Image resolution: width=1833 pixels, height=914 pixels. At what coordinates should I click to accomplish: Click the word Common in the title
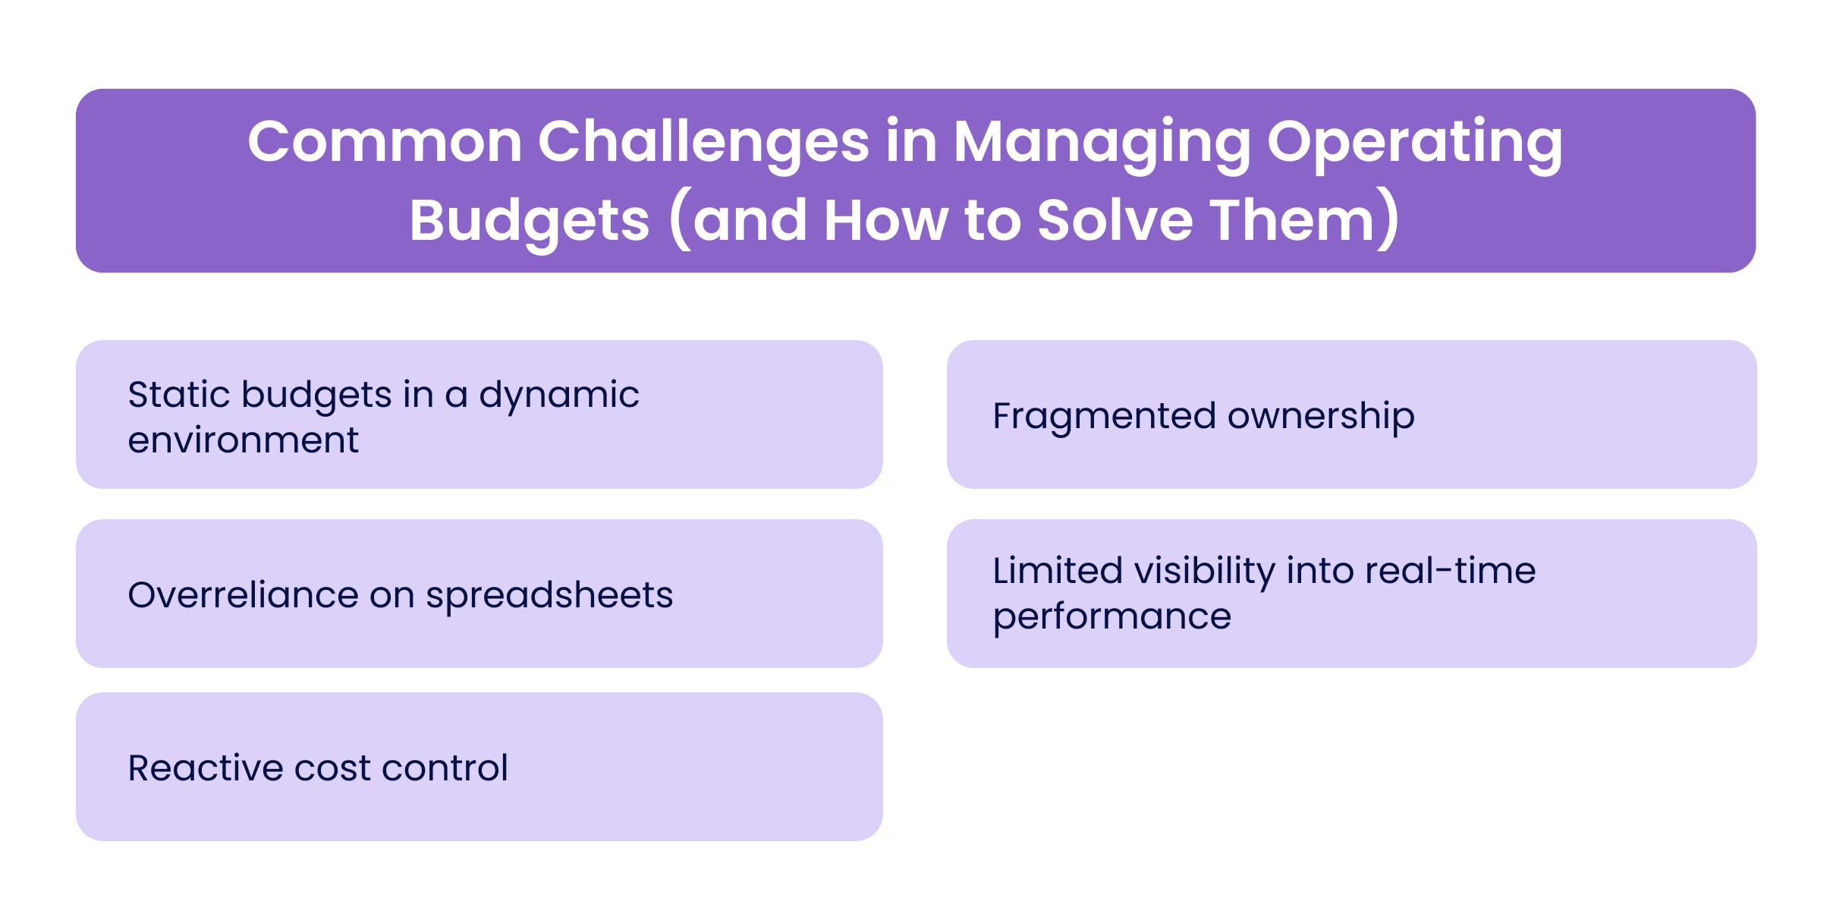click(385, 142)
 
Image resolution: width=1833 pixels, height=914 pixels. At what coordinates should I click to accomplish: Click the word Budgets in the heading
click(530, 221)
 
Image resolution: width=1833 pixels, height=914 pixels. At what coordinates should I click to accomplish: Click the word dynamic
click(559, 395)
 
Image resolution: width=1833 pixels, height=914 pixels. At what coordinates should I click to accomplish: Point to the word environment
click(243, 440)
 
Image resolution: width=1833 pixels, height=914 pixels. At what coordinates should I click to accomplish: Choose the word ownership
click(1321, 416)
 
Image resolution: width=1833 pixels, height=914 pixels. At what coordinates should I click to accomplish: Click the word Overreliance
click(243, 594)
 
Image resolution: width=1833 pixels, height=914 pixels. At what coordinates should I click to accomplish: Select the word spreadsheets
click(549, 594)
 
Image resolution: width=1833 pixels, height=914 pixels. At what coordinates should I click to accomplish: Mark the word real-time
click(1450, 571)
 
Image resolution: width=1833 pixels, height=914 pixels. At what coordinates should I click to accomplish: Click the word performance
click(1112, 616)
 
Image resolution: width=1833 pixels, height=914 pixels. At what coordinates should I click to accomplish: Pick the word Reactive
click(205, 767)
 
